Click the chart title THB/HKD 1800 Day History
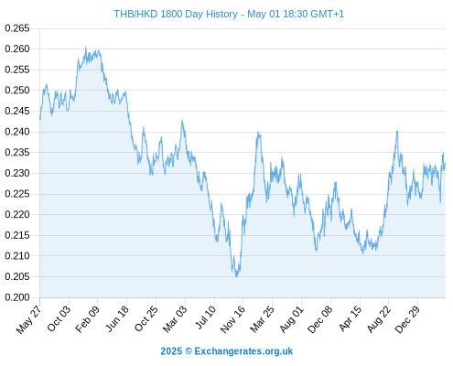pos(176,14)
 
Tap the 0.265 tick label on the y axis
pos(17,28)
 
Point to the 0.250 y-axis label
pos(17,91)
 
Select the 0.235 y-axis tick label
pos(17,153)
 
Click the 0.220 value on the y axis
pos(17,215)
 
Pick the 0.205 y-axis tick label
pos(17,277)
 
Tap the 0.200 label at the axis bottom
pos(17,297)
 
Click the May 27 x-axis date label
pos(28,319)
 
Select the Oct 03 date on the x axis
pos(59,318)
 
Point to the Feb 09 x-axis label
pos(87,318)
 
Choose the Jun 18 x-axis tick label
pos(117,318)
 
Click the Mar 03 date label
pos(175,318)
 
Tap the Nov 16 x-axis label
pos(232,318)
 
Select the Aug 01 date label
pos(292,318)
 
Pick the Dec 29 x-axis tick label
pos(407,318)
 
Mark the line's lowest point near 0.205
pos(237,276)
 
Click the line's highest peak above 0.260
pos(86,47)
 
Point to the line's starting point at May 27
pos(40,119)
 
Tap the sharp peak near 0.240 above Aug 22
pos(397,131)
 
